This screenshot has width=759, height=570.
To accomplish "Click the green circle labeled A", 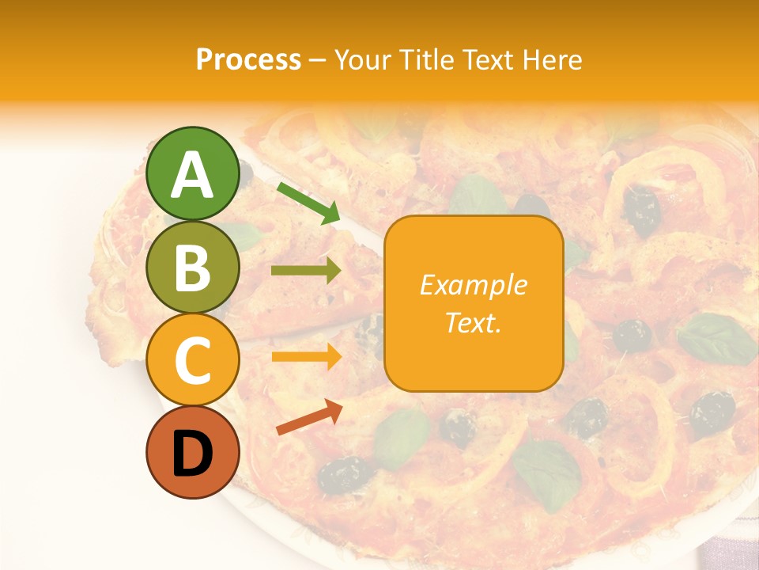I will pyautogui.click(x=192, y=173).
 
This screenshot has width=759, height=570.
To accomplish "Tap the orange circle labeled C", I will pyautogui.click(x=192, y=360).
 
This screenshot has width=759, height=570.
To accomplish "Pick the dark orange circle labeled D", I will pyautogui.click(x=192, y=453).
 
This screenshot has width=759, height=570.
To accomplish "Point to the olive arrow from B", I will pyautogui.click(x=306, y=271).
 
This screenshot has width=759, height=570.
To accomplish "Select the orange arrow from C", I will pyautogui.click(x=306, y=356).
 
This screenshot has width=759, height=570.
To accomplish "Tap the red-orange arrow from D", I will pyautogui.click(x=309, y=416).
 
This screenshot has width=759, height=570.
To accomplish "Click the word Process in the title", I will pyautogui.click(x=248, y=59).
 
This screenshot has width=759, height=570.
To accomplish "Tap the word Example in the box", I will pyautogui.click(x=473, y=285).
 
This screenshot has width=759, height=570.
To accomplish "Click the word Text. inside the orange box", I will pyautogui.click(x=473, y=323).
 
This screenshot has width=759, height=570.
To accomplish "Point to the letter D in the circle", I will pyautogui.click(x=192, y=454).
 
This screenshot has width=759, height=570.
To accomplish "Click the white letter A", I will pyautogui.click(x=192, y=175).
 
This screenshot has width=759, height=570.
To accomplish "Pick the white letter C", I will pyautogui.click(x=192, y=361).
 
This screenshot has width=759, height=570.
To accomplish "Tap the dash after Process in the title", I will pyautogui.click(x=317, y=60).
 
